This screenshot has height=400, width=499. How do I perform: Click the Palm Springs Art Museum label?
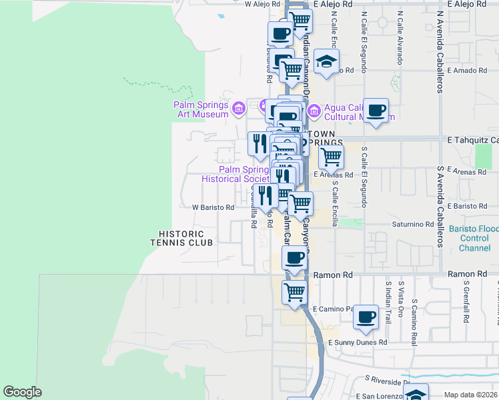(201, 109)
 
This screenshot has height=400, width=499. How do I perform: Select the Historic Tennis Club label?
(185, 238)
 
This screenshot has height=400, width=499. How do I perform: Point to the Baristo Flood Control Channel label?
(474, 238)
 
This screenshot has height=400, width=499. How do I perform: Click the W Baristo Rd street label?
(213, 207)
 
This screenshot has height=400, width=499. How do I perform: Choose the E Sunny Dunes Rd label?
(358, 342)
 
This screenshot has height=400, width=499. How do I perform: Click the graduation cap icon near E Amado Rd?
(326, 62)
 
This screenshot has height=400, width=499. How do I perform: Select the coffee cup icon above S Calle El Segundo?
(376, 110)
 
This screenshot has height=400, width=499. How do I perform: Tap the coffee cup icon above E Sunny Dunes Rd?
(365, 317)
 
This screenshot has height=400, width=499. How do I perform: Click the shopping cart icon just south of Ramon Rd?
(294, 291)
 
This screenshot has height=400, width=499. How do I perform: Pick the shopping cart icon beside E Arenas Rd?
(330, 157)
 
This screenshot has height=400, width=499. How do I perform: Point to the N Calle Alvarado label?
(400, 37)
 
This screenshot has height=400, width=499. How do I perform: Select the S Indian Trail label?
(388, 300)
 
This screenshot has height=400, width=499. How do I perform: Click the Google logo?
(22, 392)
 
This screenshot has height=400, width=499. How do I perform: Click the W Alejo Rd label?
(265, 4)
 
